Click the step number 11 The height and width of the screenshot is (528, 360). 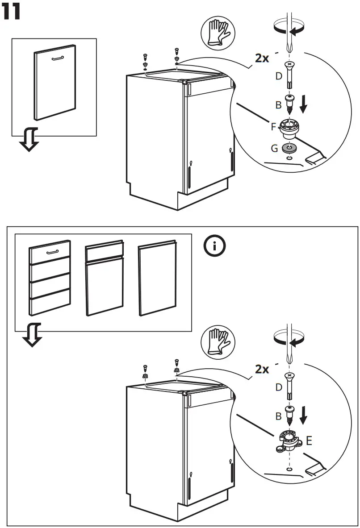click(12, 12)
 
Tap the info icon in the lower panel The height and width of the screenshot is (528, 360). click(214, 246)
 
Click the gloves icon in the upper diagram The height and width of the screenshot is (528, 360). click(219, 33)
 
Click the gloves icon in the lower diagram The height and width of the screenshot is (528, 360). click(218, 342)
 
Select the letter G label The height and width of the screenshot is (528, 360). click(274, 148)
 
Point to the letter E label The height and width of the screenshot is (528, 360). click(309, 441)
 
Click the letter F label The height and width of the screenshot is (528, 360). click(273, 127)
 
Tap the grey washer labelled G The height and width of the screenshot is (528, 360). click(289, 148)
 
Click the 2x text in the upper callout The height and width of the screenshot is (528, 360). click(262, 58)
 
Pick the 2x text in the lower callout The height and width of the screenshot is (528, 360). click(262, 369)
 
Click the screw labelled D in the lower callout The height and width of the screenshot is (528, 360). click(289, 385)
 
